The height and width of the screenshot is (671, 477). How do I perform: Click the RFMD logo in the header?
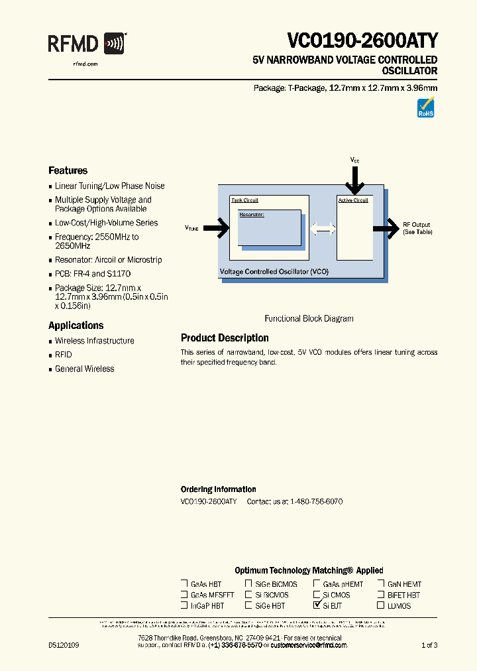click(x=85, y=44)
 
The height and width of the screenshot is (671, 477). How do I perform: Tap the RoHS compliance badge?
click(x=425, y=108)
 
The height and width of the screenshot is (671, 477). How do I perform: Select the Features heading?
click(x=68, y=170)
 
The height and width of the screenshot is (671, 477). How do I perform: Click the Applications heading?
click(x=76, y=326)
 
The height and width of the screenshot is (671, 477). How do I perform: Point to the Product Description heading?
click(x=225, y=338)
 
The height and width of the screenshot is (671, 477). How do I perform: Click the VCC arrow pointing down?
click(x=356, y=177)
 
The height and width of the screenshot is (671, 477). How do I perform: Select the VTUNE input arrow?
click(x=216, y=228)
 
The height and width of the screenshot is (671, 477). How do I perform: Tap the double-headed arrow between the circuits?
click(x=323, y=229)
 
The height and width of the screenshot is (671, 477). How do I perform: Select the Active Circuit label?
click(x=353, y=200)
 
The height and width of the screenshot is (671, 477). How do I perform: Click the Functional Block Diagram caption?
click(x=309, y=318)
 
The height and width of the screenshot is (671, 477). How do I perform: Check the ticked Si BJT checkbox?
click(x=317, y=605)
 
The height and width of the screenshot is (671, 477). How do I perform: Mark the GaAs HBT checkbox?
click(x=184, y=584)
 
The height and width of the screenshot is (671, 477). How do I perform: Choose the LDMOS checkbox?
click(x=381, y=605)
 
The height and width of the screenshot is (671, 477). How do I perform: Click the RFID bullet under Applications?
click(x=63, y=355)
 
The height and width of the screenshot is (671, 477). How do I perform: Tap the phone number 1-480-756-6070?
click(x=316, y=502)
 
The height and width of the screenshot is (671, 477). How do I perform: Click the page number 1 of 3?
click(x=430, y=645)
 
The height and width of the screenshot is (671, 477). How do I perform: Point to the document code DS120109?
click(x=64, y=645)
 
